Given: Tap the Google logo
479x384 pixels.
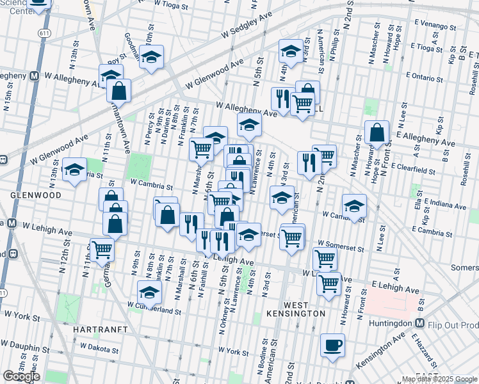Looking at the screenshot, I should (21, 376).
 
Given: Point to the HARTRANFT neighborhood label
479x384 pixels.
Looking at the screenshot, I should (101, 329).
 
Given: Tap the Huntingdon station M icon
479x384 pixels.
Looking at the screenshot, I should (420, 324).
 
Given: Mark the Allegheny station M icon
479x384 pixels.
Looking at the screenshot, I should (33, 76).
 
